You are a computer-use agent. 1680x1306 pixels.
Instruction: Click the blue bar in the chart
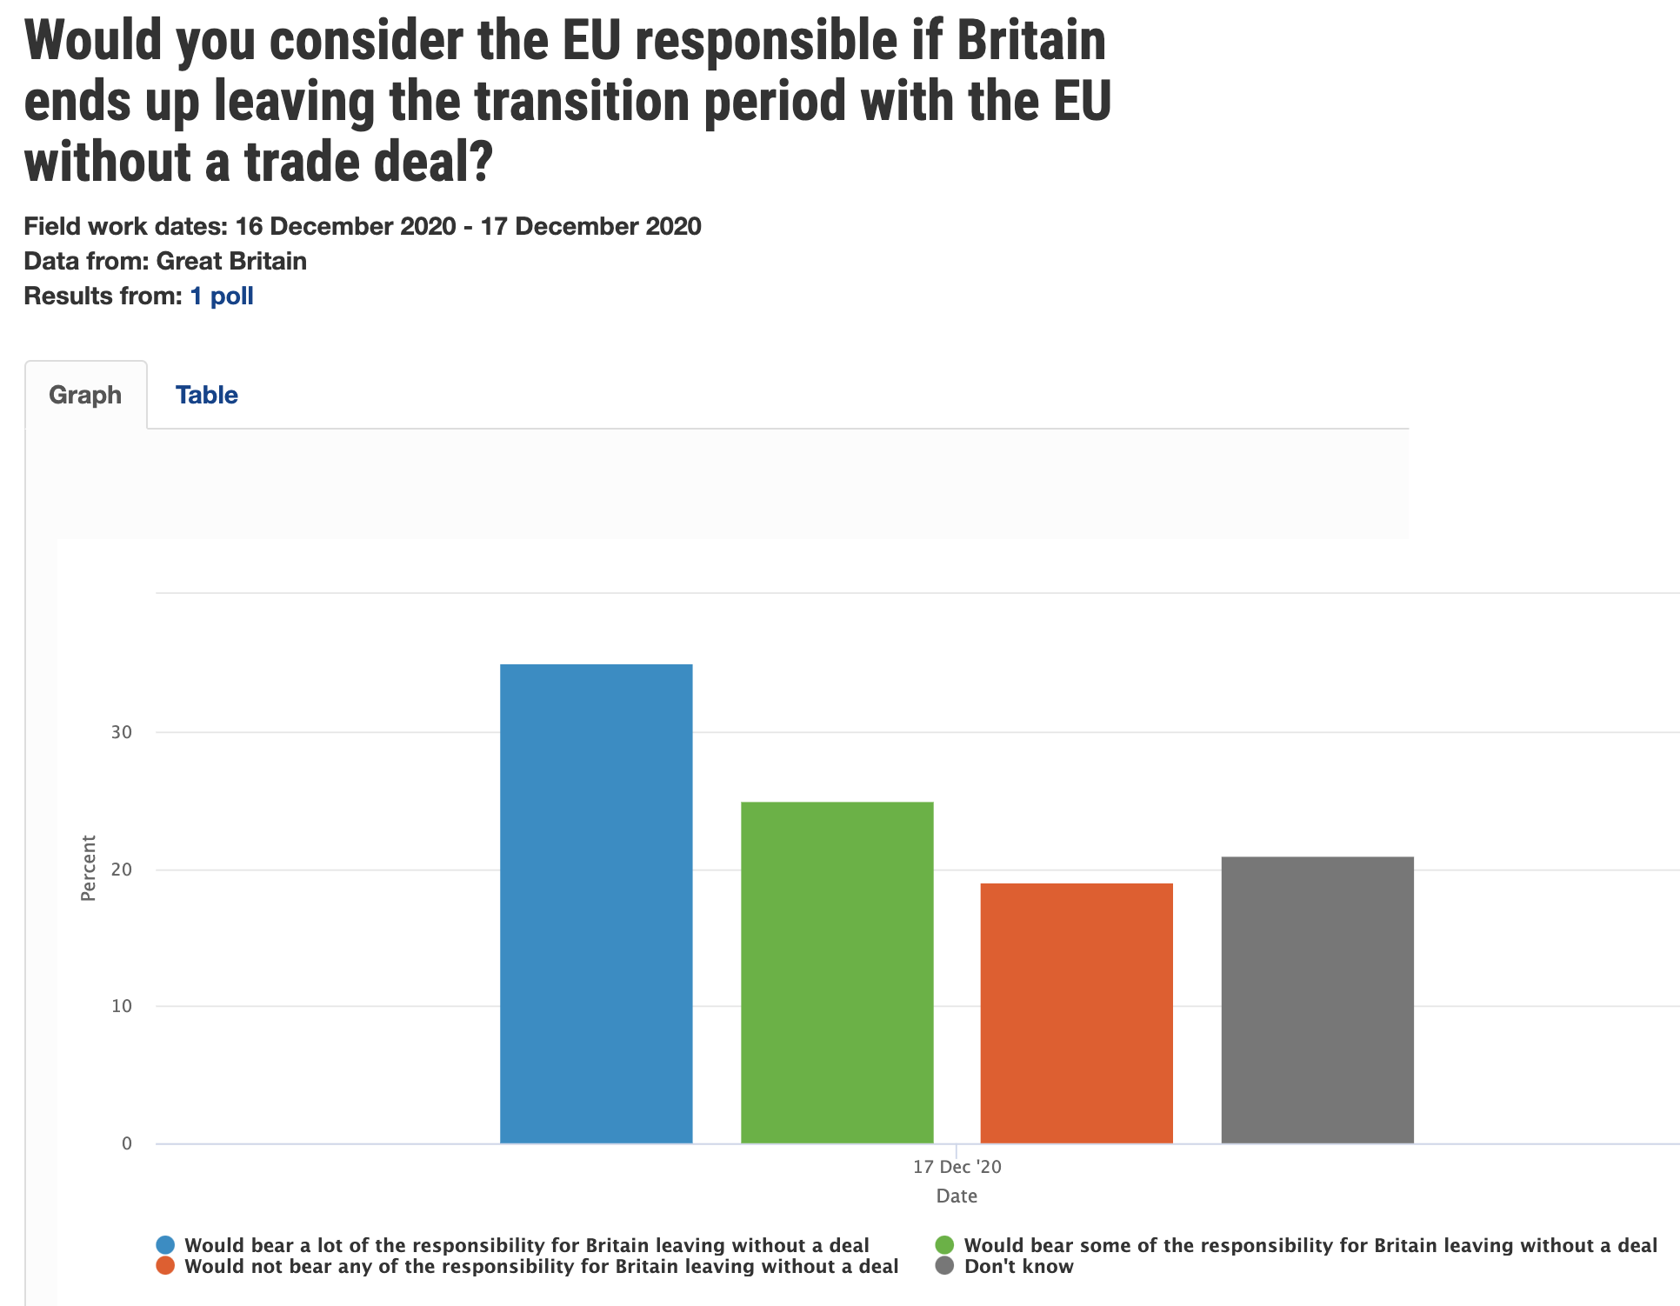596,904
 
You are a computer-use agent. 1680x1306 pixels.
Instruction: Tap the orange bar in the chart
1077,1013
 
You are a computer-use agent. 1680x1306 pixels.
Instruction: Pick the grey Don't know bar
1317,1000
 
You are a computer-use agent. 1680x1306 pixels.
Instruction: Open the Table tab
206,395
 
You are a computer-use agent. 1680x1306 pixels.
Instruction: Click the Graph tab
85,395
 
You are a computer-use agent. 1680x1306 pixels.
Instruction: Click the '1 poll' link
222,296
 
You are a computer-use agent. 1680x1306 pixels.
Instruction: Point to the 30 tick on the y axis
122,732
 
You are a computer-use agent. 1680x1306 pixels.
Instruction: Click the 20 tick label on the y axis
122,870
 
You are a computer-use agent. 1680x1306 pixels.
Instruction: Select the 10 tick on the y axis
122,1006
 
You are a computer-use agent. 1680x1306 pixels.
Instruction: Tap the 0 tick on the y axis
127,1143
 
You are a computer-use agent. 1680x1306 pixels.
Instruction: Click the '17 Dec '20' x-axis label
957,1167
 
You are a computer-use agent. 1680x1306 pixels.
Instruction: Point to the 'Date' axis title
957,1196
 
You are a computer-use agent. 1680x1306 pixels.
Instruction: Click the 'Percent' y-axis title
88,868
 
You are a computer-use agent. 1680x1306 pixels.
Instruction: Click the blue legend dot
165,1245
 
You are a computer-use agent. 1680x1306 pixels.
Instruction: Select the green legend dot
944,1245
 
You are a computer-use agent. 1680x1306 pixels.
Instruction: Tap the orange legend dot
165,1266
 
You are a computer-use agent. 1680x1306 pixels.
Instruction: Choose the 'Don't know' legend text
1018,1266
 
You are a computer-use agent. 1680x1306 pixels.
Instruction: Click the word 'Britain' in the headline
1031,41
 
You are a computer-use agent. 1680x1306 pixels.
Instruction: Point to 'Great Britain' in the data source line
231,261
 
